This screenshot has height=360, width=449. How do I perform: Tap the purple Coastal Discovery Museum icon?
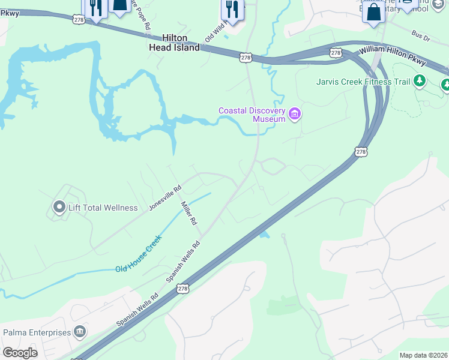point(294,114)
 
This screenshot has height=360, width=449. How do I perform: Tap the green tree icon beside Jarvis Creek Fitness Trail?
point(420,80)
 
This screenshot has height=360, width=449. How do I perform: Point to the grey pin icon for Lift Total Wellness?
point(59,208)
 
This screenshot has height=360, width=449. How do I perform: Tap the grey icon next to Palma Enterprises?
point(79,332)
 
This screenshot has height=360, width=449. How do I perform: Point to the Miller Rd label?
point(189,213)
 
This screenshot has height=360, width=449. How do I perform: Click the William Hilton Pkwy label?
point(393,57)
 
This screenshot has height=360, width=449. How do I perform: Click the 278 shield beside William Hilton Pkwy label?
point(336,53)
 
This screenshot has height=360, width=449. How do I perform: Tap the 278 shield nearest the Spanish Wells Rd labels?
point(182,289)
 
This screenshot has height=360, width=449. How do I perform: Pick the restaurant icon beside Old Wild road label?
point(231,10)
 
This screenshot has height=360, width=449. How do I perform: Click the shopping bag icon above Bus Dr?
point(373,11)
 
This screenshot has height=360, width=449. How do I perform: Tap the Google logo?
point(20,353)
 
